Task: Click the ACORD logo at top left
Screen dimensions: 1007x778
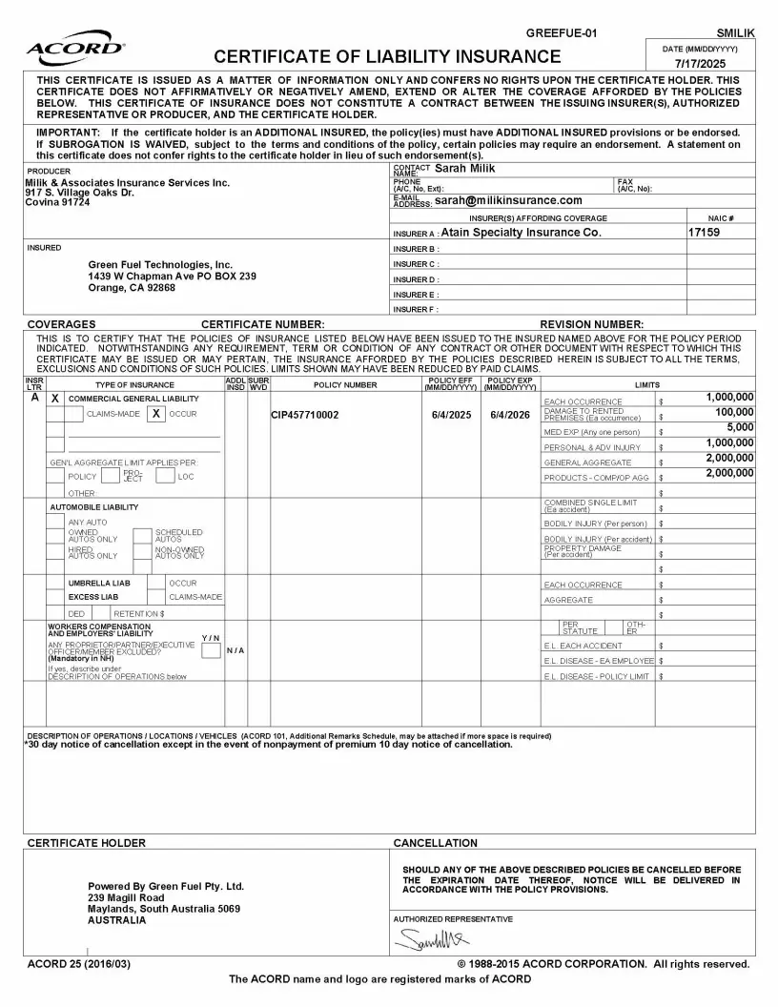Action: click(62, 49)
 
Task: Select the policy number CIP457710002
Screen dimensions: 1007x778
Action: click(304, 415)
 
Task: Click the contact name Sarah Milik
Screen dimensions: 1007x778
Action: click(465, 169)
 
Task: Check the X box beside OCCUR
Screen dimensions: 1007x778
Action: click(155, 414)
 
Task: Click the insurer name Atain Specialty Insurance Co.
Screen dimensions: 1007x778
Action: click(521, 232)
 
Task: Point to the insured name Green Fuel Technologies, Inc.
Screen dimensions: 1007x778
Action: click(160, 264)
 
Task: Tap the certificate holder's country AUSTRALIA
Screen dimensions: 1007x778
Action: click(116, 921)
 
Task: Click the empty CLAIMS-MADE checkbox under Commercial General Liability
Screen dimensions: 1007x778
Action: click(73, 414)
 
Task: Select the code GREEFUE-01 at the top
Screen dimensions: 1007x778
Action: click(569, 33)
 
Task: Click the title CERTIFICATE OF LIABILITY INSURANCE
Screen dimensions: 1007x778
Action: click(387, 56)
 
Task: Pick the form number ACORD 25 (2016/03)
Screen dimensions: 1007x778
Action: click(79, 964)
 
